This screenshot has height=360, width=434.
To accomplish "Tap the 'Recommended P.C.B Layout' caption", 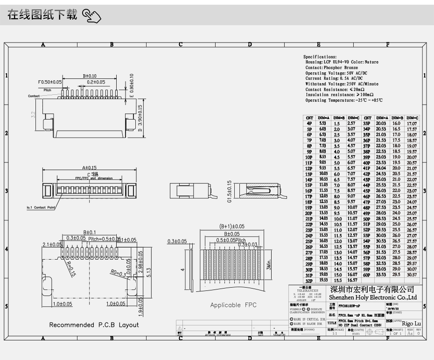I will pos(94,325).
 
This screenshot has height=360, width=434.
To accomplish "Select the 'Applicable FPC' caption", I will pos(233,305).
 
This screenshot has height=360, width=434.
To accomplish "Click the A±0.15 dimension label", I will pos(89,168).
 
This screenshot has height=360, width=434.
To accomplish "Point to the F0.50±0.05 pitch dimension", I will pos(50,82).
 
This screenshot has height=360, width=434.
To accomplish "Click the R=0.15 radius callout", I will pos(70,268).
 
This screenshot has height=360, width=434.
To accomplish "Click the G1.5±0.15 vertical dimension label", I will pos(229,191).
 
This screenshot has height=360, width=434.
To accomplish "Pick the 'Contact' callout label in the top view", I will pos(34,96).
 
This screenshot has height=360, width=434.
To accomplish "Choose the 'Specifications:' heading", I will pos(320,56).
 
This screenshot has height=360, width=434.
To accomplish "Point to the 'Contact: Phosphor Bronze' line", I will pos(332,68).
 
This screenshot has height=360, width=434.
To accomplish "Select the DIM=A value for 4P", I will pos(322,123).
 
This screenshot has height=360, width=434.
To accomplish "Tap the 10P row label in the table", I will pos(308,158).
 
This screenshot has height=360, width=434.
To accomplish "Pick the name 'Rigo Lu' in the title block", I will pos(411,323).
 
